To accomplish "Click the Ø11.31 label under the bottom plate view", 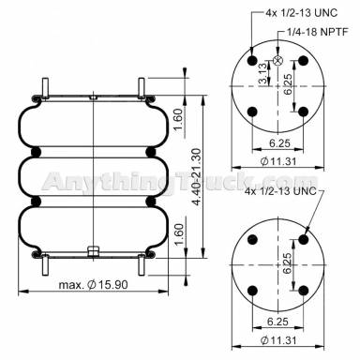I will pyautogui.click(x=280, y=343).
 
